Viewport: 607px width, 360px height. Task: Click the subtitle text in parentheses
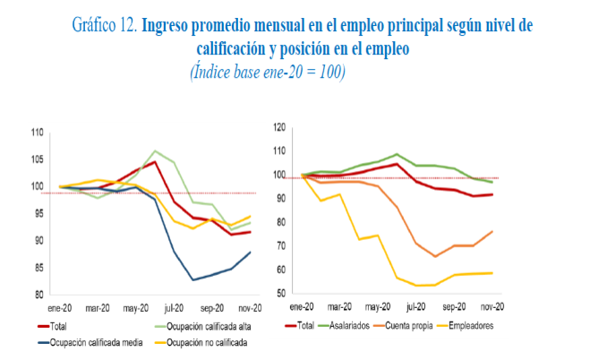(x=268, y=71)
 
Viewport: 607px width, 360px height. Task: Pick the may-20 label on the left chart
(x=136, y=306)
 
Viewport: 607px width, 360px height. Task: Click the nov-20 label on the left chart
(x=250, y=306)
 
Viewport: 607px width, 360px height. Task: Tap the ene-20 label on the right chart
(x=308, y=305)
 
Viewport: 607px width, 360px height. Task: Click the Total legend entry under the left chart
(x=60, y=327)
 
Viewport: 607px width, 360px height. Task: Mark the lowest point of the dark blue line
(x=192, y=280)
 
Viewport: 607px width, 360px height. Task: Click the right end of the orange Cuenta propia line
(x=492, y=231)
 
